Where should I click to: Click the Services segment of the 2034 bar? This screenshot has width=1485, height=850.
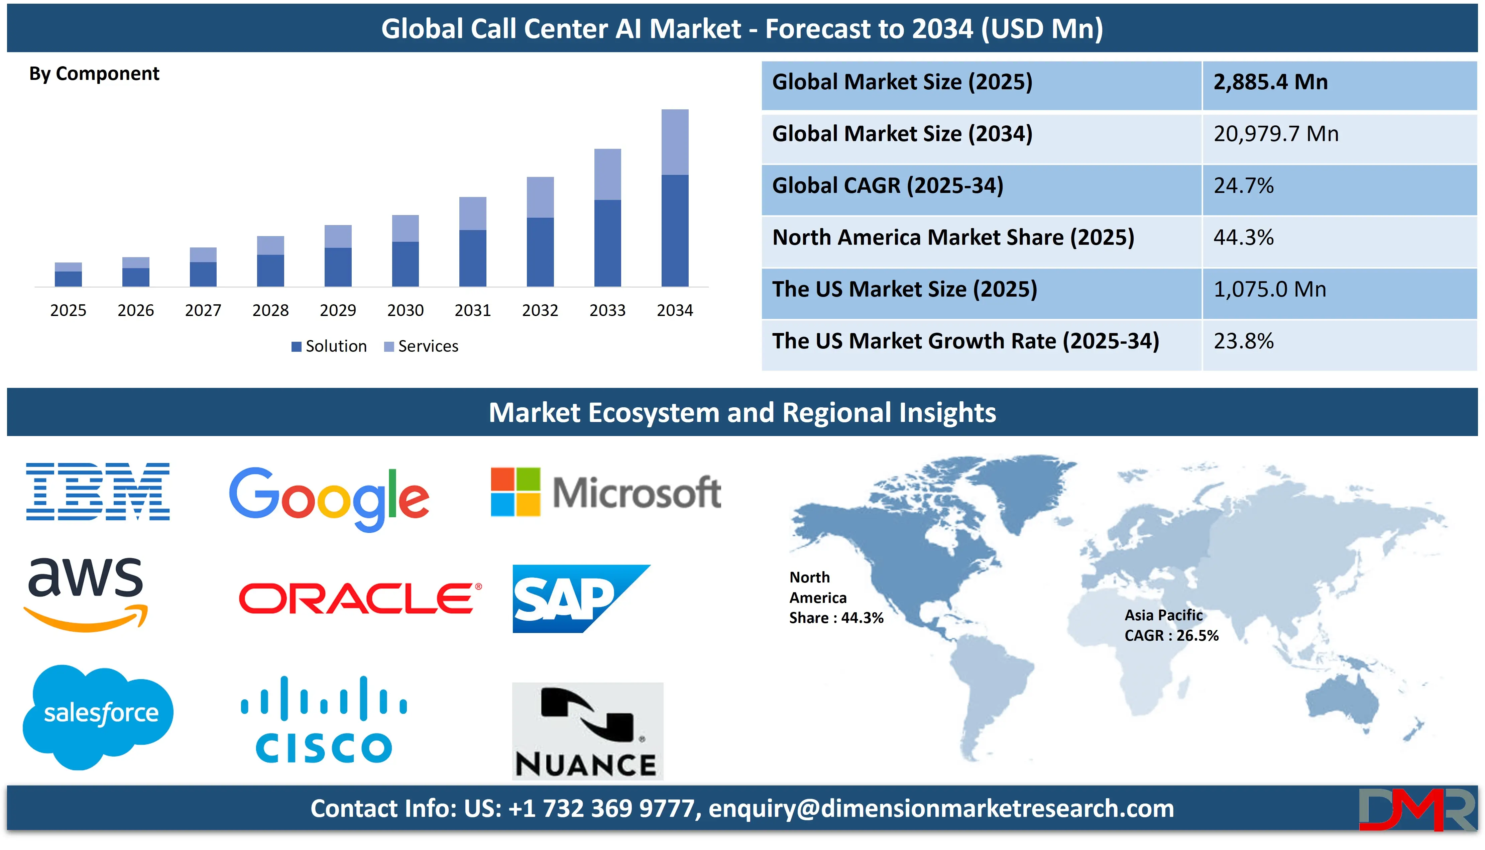(x=675, y=142)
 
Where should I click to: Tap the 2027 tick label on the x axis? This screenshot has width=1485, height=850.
(x=203, y=310)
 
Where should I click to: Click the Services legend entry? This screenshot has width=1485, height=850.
(x=421, y=346)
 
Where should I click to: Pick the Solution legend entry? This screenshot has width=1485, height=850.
(x=329, y=346)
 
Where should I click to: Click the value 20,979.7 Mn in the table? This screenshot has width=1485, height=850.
(x=1276, y=134)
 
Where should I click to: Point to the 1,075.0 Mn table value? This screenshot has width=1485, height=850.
(x=1270, y=289)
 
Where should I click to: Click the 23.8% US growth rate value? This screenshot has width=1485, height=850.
(x=1243, y=341)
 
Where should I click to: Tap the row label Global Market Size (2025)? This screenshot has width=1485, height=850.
(x=902, y=82)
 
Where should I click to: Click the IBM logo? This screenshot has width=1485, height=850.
(x=98, y=492)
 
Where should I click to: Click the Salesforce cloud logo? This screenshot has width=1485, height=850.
(x=98, y=716)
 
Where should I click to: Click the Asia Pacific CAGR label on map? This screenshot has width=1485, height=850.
(x=1172, y=625)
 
